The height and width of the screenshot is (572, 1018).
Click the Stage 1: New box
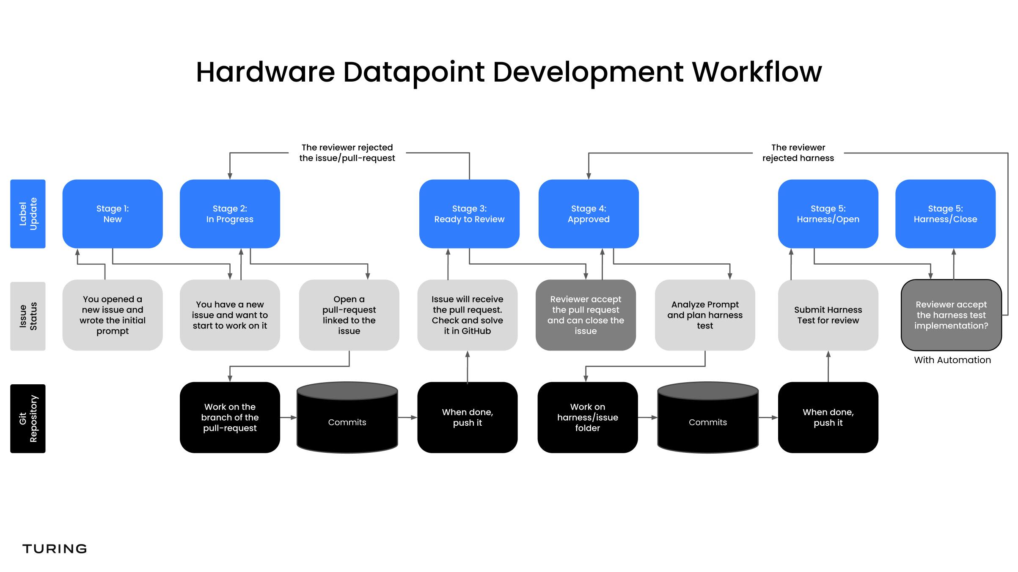(112, 213)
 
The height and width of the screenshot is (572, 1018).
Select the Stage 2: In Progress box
(229, 213)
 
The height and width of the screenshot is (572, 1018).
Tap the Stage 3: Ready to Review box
(469, 213)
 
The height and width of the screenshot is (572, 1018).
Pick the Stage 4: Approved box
(588, 213)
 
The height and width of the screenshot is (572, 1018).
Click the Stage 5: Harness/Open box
(828, 213)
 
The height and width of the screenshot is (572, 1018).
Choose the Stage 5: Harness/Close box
(945, 213)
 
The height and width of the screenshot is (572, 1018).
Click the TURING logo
(55, 549)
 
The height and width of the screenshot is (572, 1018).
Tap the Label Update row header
(28, 213)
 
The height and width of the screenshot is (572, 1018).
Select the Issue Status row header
(28, 316)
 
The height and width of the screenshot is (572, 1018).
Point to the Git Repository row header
(28, 418)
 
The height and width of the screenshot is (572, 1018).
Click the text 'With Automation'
(952, 360)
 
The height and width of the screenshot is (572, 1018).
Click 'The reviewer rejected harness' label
(798, 153)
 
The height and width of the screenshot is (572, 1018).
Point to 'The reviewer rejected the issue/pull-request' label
(347, 153)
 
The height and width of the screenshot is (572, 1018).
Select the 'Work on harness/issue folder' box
(587, 417)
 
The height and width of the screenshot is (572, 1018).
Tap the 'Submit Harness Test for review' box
(828, 315)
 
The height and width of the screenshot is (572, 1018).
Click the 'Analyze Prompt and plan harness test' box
(704, 315)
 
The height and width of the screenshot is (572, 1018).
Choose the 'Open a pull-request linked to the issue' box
(349, 315)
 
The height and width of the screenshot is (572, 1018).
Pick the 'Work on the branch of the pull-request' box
(229, 417)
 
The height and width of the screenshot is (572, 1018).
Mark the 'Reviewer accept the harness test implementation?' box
(951, 315)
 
